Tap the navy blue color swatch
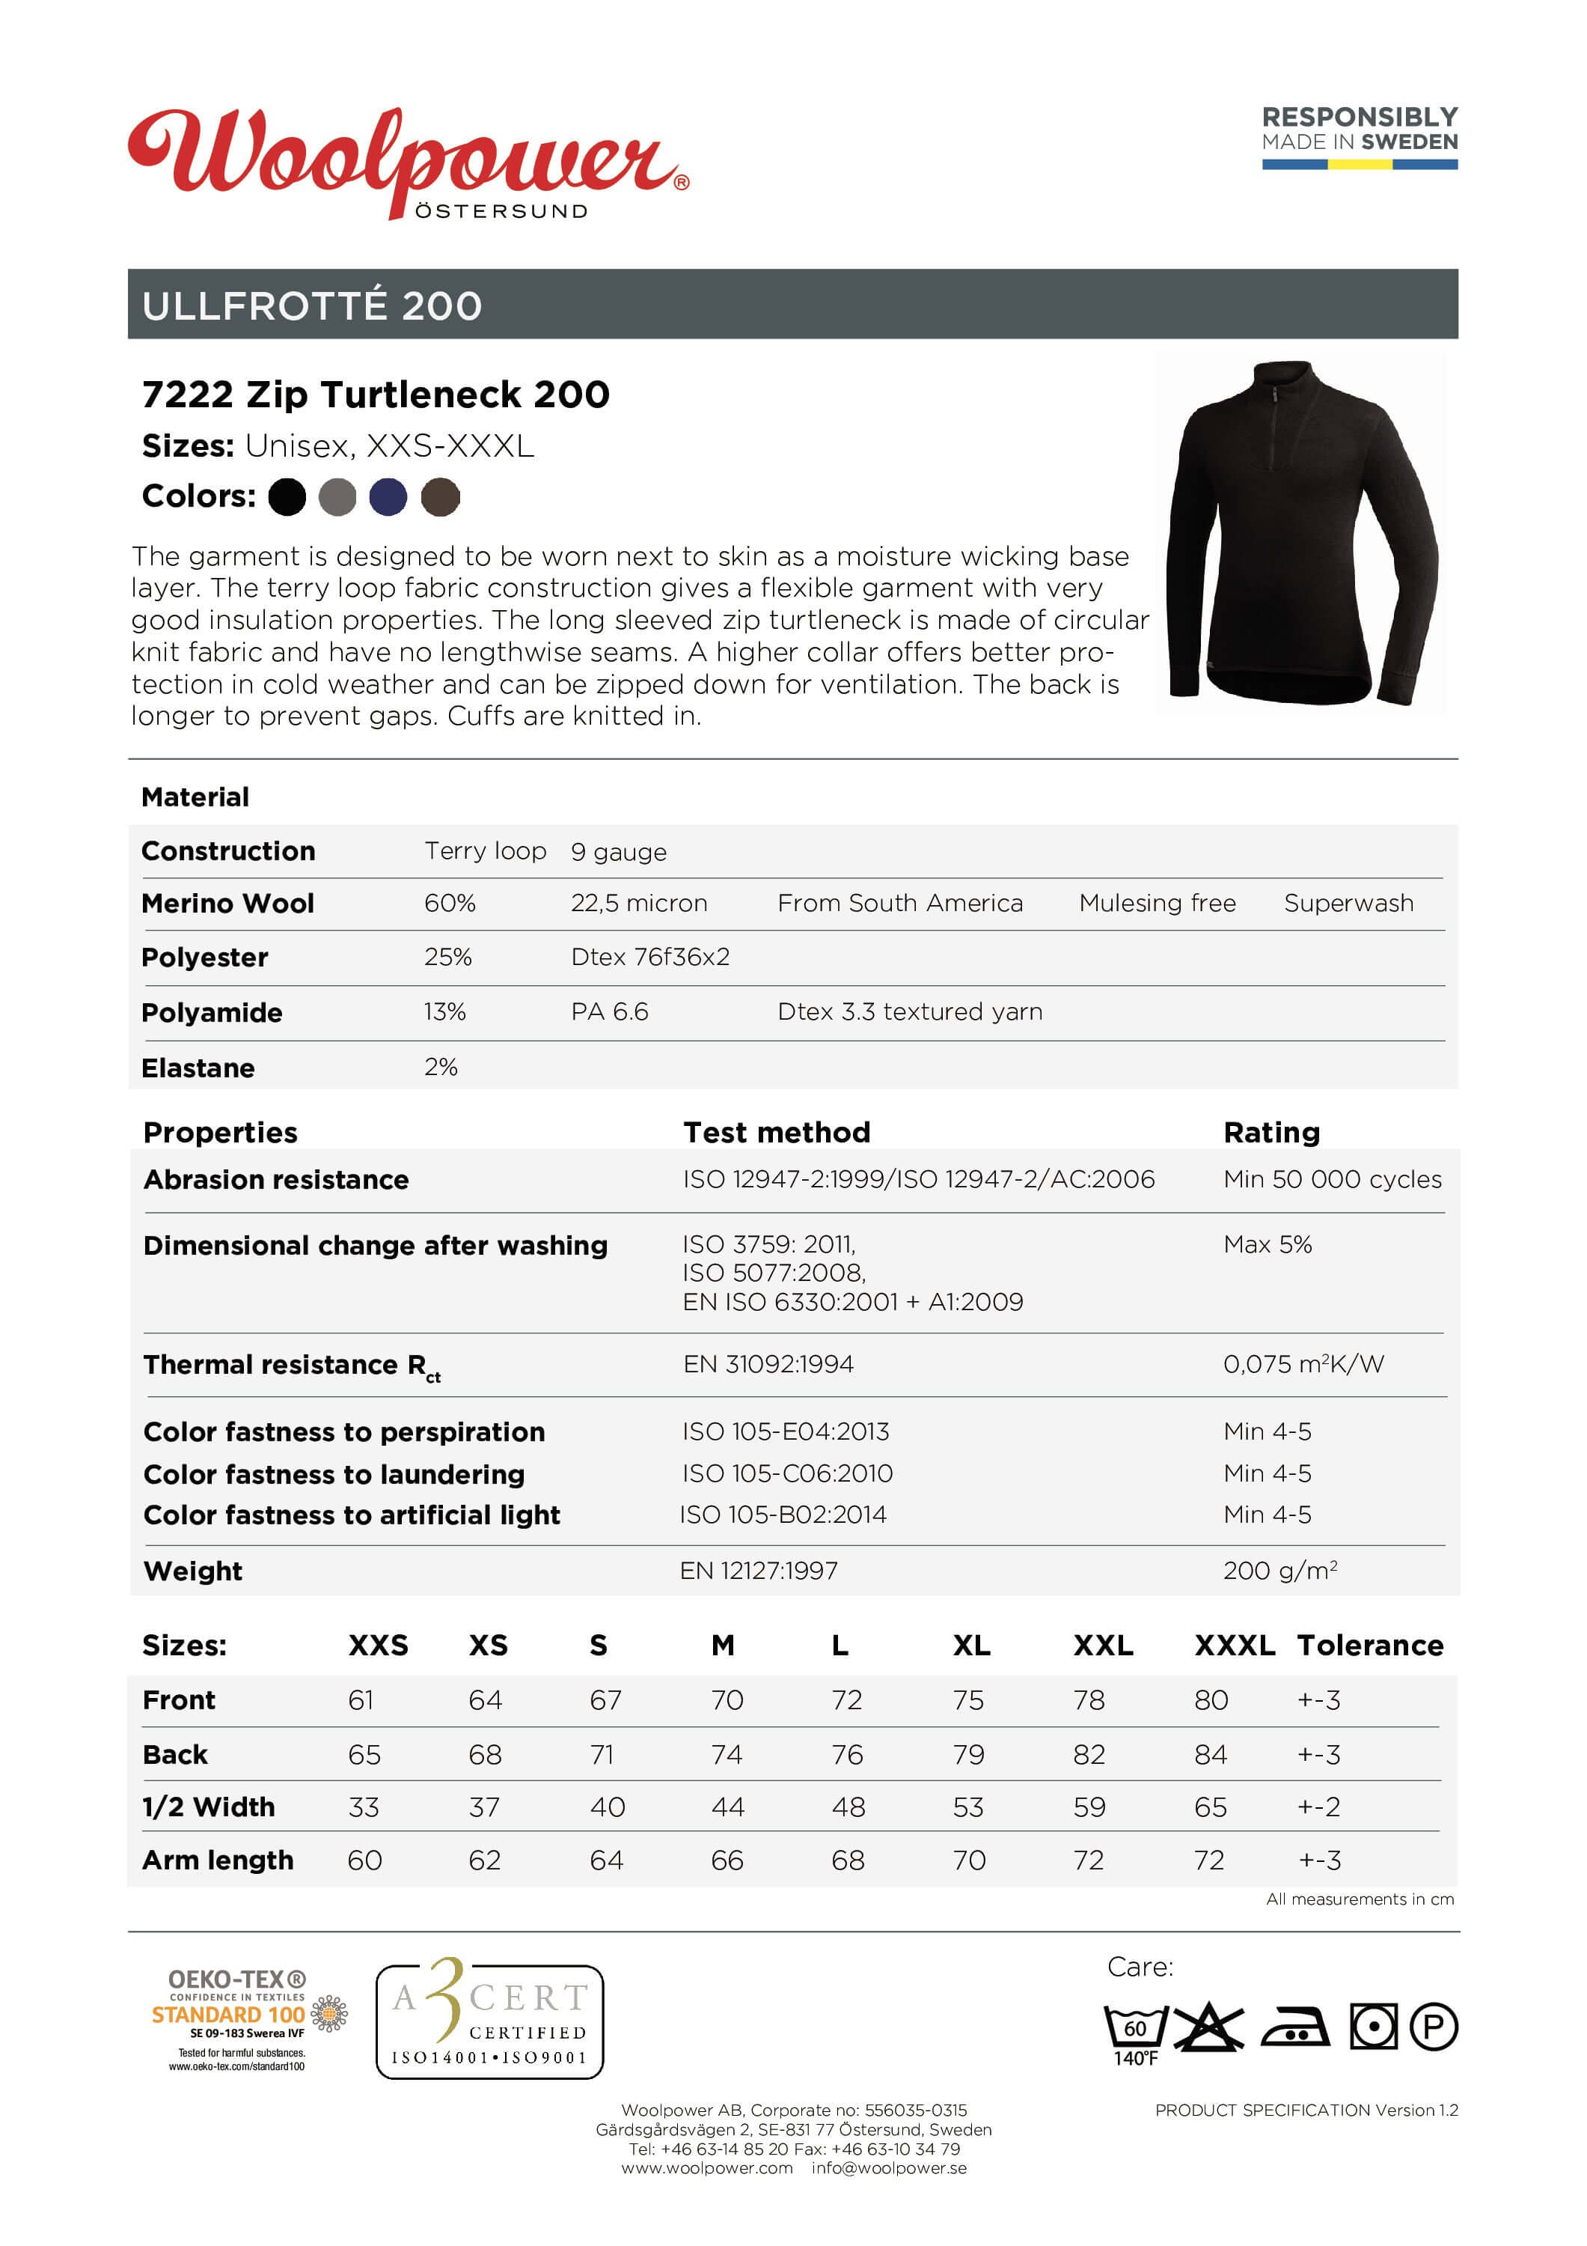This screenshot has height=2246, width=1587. (388, 497)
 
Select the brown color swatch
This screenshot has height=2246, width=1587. (440, 497)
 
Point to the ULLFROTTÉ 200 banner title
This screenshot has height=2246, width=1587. (312, 306)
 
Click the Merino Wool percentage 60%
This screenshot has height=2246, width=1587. (449, 903)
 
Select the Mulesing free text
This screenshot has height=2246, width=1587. (1157, 903)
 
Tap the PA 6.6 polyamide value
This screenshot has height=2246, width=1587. (609, 1011)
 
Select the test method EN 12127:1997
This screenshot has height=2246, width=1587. (759, 1570)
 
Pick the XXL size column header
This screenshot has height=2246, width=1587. (1102, 1646)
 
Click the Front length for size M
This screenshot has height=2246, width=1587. (727, 1700)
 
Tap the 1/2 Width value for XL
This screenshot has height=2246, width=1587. (968, 1807)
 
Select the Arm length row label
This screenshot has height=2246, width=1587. (217, 1860)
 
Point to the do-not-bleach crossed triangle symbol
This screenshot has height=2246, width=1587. (1208, 2026)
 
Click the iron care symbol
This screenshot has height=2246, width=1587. (1294, 2027)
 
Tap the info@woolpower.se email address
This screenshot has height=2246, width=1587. (888, 2167)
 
